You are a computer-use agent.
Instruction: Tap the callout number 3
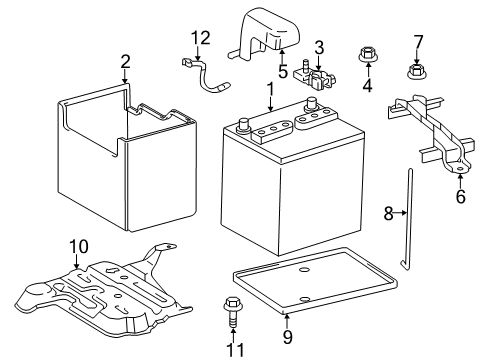[x=319, y=47]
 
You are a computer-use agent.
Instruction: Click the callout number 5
[x=283, y=71]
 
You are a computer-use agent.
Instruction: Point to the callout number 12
[x=202, y=38]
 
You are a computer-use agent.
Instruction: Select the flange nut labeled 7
[x=417, y=70]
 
